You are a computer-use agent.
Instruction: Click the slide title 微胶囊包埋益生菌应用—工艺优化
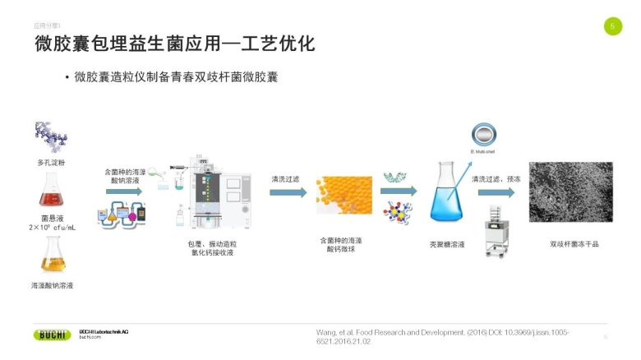(x=174, y=44)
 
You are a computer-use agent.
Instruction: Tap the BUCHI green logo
(x=53, y=335)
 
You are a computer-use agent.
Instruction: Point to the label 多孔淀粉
(x=51, y=163)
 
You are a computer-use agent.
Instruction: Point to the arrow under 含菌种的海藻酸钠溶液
(x=123, y=192)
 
